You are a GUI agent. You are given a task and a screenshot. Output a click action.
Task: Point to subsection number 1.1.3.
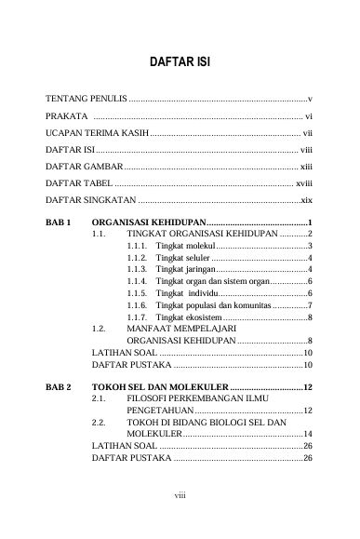(137, 268)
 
